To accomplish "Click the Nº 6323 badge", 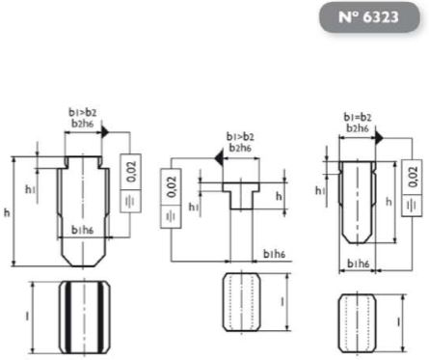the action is (x=369, y=17).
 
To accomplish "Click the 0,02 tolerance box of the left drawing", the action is (x=131, y=172).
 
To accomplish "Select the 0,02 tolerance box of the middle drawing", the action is (x=171, y=186).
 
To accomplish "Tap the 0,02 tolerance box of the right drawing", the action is (x=412, y=177).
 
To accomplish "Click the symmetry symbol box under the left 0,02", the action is (x=131, y=202).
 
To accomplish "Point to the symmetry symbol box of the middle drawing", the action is (x=171, y=216).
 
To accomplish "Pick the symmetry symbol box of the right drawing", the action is (x=412, y=206).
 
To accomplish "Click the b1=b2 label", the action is (x=358, y=118).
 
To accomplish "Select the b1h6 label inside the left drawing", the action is (x=82, y=231).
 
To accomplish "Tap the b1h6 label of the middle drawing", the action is (x=274, y=254).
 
